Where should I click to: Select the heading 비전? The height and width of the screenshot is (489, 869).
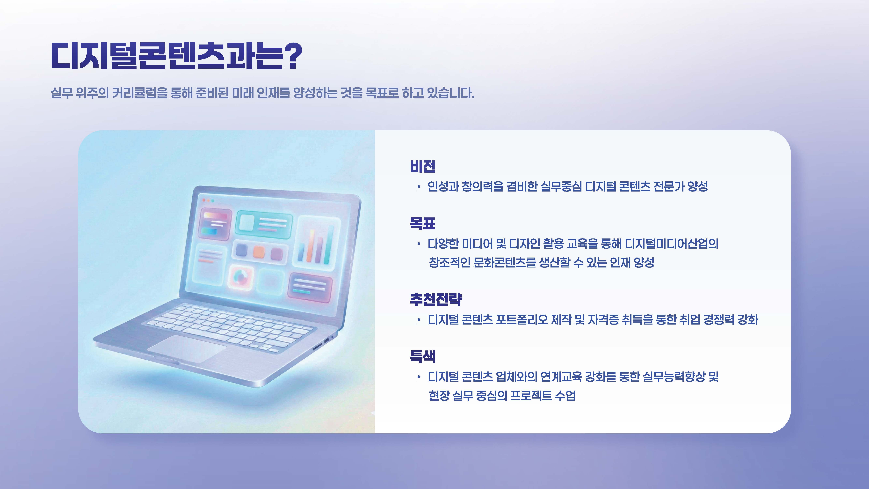[423, 166]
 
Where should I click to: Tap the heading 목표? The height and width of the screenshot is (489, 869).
[423, 223]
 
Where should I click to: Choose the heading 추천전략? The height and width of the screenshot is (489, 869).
[435, 299]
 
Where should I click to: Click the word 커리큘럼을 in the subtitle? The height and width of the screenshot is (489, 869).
[139, 93]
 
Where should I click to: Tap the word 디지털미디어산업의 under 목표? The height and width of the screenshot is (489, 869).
[671, 243]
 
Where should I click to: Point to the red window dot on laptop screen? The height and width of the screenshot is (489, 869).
[204, 200]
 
